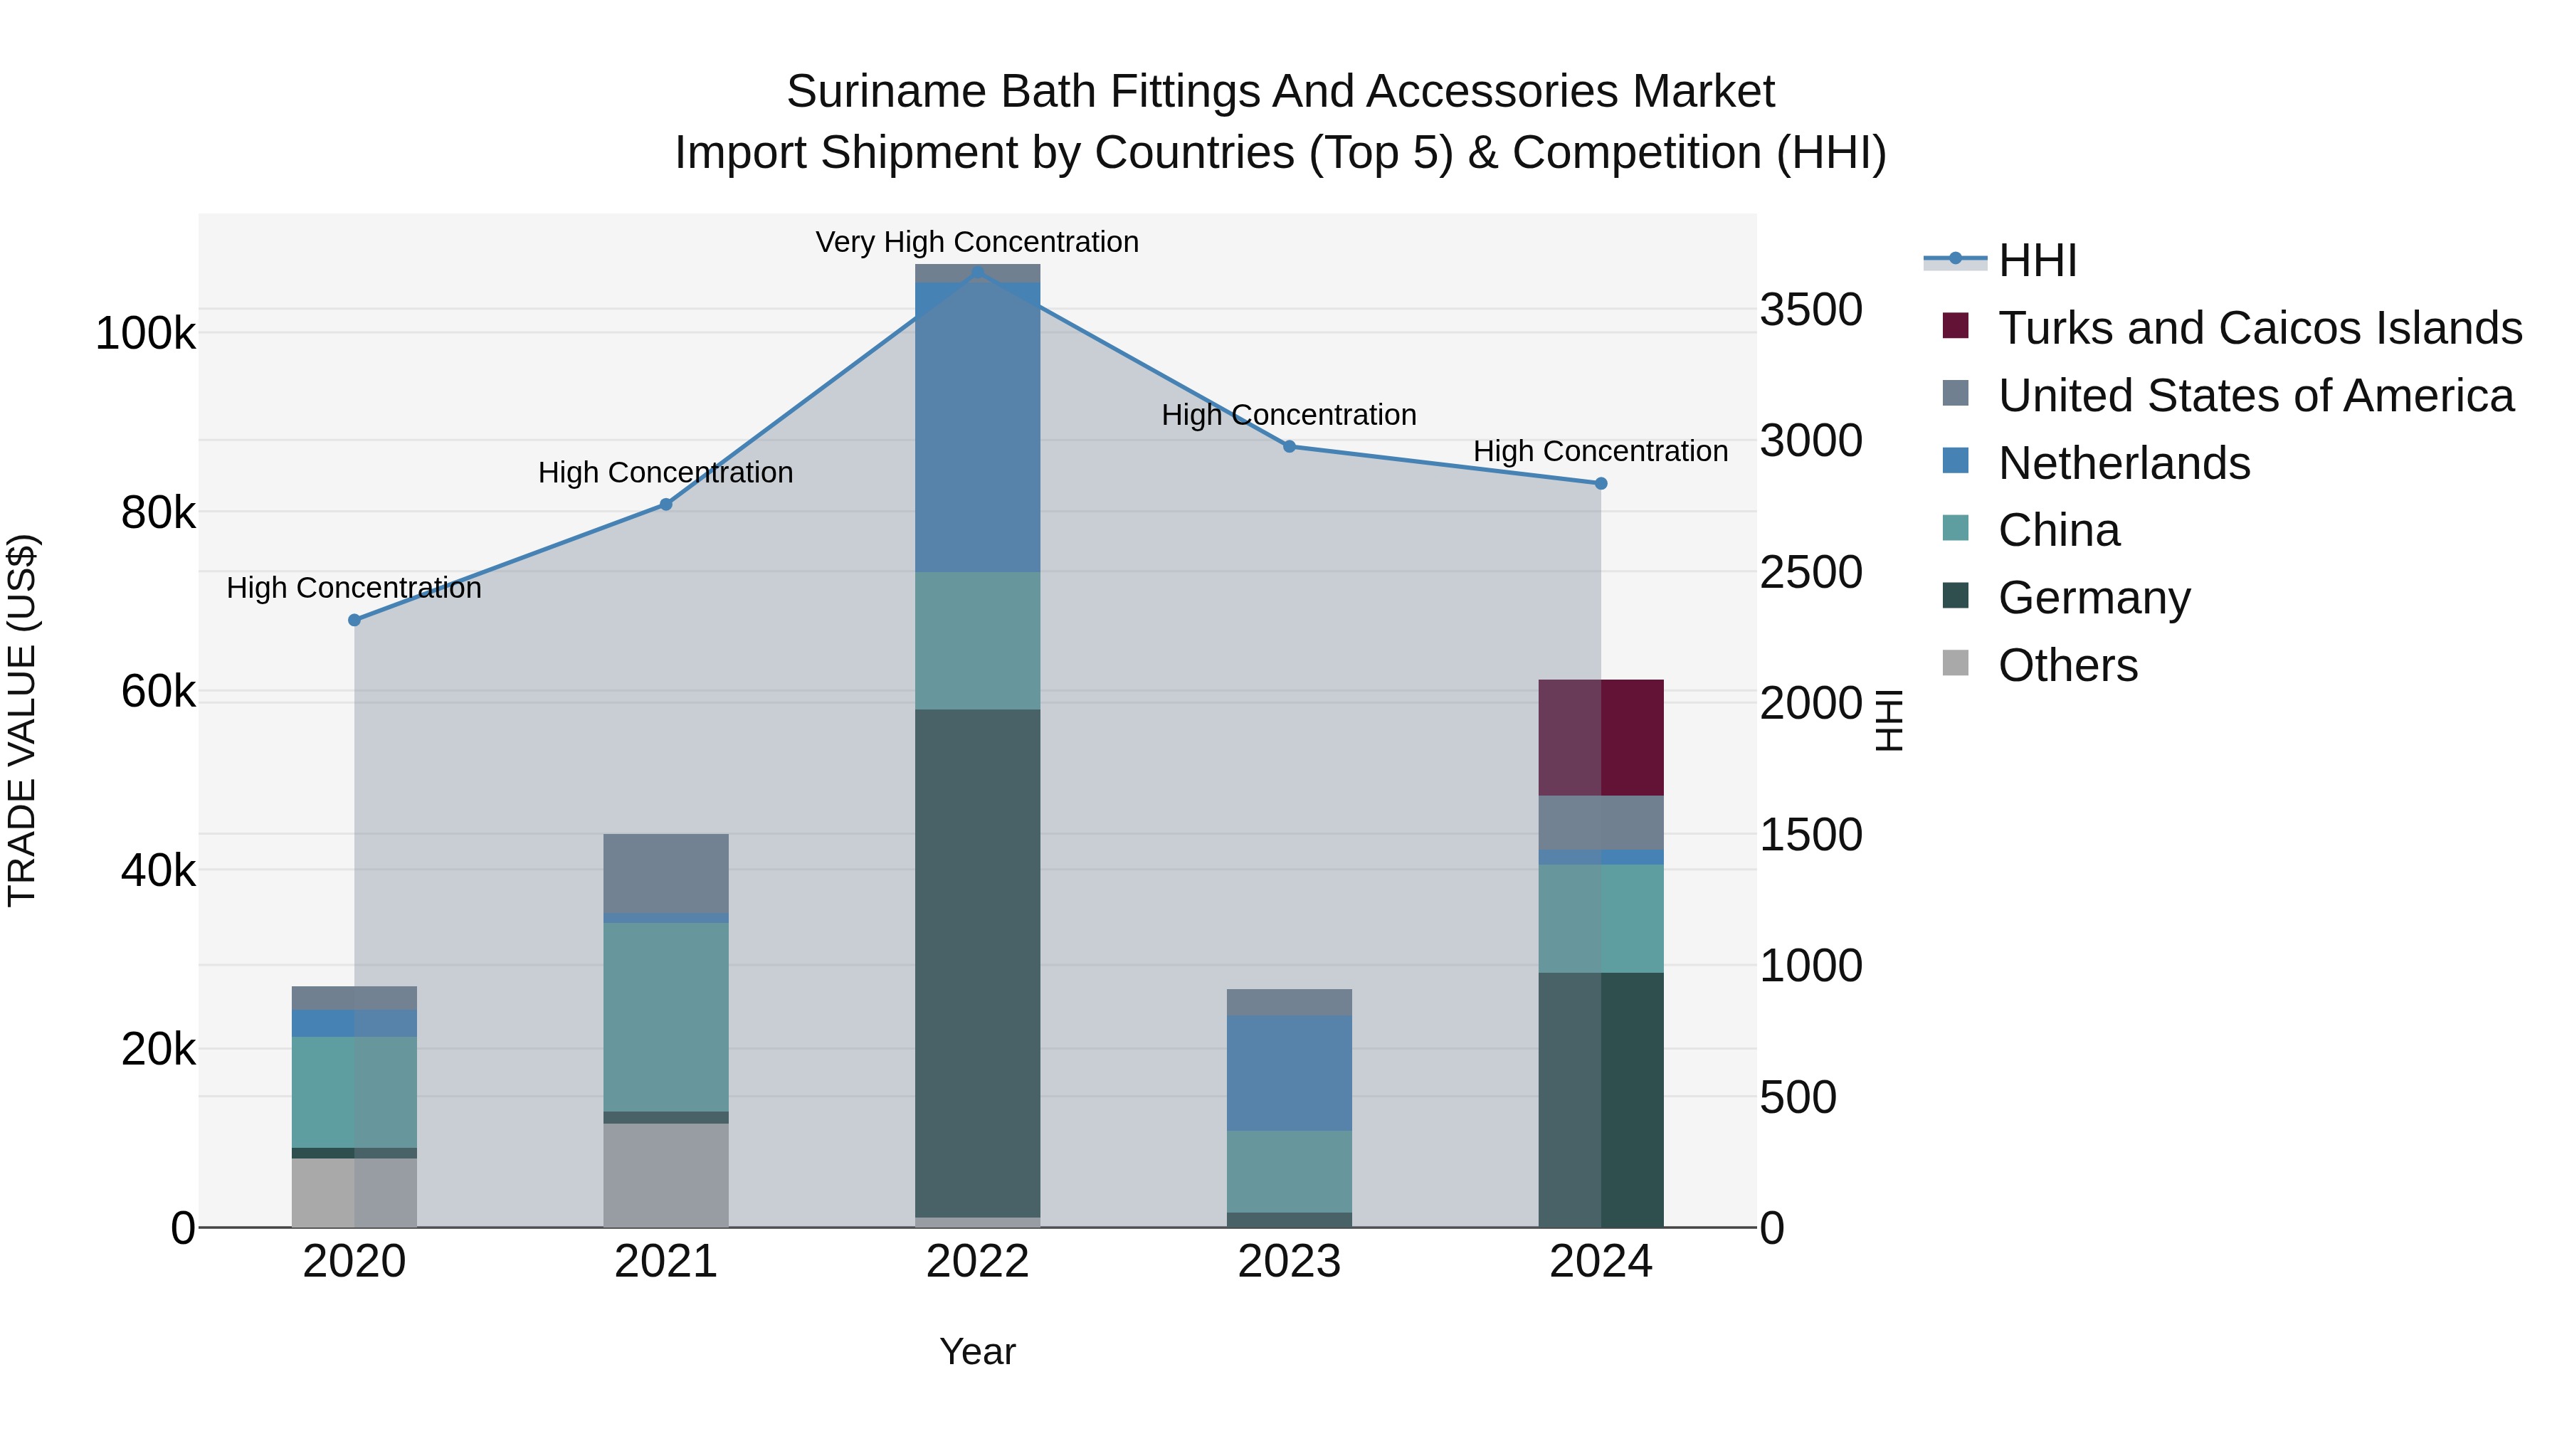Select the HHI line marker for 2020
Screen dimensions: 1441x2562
point(354,620)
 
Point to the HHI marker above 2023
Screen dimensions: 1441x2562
point(1289,446)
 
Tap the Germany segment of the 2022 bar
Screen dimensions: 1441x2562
point(978,963)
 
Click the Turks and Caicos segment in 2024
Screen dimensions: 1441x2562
point(1601,737)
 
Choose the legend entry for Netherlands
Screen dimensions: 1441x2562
point(2124,463)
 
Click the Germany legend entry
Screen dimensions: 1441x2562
point(2094,598)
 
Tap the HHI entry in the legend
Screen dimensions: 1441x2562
point(2037,260)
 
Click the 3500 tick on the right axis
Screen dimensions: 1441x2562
point(1810,310)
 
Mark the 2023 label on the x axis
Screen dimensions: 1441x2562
point(1289,1262)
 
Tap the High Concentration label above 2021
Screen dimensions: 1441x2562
point(665,473)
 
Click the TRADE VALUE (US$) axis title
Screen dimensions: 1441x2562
point(22,720)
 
